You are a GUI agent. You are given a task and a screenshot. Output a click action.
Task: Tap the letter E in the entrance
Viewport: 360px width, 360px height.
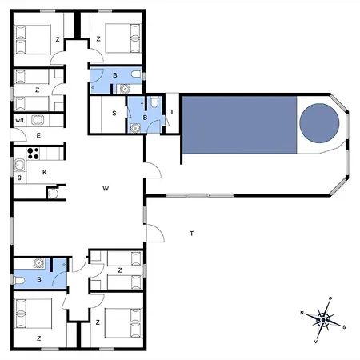click(x=38, y=137)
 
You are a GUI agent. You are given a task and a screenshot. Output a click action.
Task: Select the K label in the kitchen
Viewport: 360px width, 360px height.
click(x=44, y=172)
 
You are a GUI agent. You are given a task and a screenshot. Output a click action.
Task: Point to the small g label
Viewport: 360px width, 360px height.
click(x=18, y=177)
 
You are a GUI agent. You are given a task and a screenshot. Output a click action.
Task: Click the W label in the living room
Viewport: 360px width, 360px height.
click(x=105, y=189)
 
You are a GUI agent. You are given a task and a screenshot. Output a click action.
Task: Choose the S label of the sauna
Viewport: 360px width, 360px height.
click(x=114, y=114)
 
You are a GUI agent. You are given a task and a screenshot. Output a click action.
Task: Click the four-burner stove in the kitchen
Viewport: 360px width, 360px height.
click(x=34, y=153)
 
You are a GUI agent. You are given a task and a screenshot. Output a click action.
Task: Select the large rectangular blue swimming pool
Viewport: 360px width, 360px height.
click(x=238, y=124)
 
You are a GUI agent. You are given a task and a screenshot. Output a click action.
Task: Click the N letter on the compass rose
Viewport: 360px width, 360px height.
click(x=302, y=313)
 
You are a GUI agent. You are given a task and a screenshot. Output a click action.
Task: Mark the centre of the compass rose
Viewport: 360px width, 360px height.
click(x=323, y=320)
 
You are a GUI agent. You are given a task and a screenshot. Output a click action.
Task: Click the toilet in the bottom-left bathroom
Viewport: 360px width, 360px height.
click(x=18, y=280)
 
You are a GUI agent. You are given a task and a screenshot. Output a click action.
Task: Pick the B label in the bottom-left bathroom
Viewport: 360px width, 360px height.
click(x=38, y=280)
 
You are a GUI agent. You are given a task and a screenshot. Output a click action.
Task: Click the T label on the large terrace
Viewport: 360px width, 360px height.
click(x=191, y=234)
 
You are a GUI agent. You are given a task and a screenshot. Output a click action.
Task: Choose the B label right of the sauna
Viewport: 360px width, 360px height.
click(x=145, y=117)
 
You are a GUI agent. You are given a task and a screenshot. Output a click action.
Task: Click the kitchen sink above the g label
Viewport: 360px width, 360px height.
click(x=18, y=165)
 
